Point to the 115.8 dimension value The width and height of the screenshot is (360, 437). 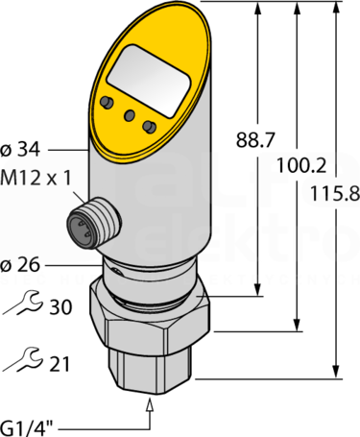coord(335,193)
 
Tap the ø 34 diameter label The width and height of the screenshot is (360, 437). coord(20,149)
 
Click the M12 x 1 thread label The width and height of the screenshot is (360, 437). coord(36,178)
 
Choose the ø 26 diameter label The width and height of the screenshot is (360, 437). coord(20,265)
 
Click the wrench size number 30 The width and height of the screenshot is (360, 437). coord(60,306)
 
